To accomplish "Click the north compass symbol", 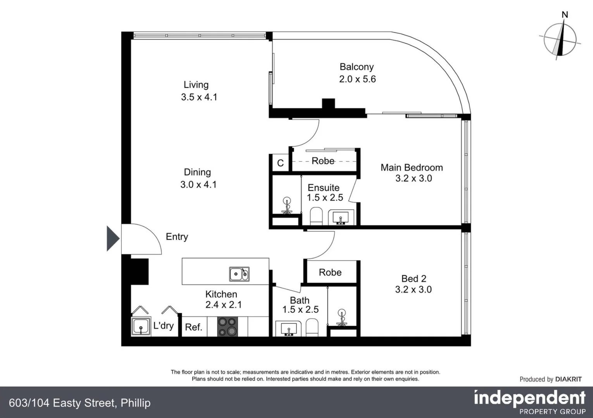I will [x=560, y=39].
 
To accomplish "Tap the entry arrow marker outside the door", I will [x=112, y=239].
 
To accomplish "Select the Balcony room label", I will [x=357, y=67].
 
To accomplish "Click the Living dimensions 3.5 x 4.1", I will [x=199, y=97].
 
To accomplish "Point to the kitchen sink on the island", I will [x=239, y=274].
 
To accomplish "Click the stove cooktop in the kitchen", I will [x=227, y=326].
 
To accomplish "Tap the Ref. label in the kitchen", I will [x=193, y=327].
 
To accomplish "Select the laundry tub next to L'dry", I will [x=140, y=326].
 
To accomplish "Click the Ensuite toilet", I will [x=316, y=216].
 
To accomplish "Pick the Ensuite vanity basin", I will [x=341, y=217].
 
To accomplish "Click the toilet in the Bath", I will [x=312, y=327].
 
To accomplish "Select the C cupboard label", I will [x=280, y=163].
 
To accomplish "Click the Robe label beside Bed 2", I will [x=330, y=272].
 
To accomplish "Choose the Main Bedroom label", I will [x=412, y=168].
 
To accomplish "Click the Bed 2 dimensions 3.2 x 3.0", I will [x=413, y=290].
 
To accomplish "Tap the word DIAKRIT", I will [x=568, y=379].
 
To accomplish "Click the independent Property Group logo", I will [x=529, y=402].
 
